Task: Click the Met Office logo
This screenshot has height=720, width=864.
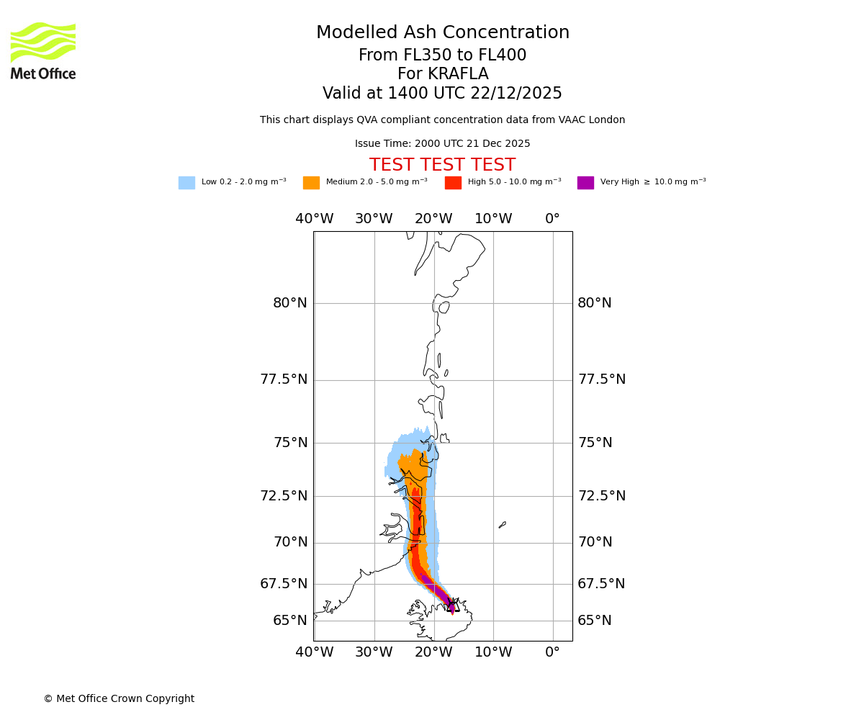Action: [x=43, y=50]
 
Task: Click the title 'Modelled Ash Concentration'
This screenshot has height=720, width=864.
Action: [x=442, y=33]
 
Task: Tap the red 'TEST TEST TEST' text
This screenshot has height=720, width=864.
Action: [x=442, y=166]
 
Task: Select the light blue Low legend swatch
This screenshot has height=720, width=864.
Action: [x=186, y=183]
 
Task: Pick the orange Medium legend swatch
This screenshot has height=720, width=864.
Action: [x=311, y=183]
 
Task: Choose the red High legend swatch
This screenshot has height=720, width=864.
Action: [x=453, y=183]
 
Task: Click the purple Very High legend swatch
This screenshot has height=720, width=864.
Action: [x=585, y=183]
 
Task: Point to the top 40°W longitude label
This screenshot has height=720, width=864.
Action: [x=314, y=219]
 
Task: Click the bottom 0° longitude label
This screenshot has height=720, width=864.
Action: [x=552, y=652]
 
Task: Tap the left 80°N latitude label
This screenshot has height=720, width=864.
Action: [x=289, y=303]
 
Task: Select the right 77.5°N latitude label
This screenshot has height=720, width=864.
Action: [x=601, y=379]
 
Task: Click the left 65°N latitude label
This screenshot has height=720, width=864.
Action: [x=289, y=621]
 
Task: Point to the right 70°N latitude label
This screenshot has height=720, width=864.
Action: [x=595, y=542]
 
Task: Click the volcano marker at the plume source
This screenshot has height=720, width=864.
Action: [x=452, y=606]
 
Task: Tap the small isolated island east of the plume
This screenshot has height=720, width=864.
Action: [x=502, y=525]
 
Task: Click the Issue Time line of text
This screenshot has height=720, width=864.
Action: [x=442, y=144]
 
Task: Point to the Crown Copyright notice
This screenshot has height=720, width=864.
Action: [x=119, y=699]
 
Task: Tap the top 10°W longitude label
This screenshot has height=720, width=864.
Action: [x=492, y=219]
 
